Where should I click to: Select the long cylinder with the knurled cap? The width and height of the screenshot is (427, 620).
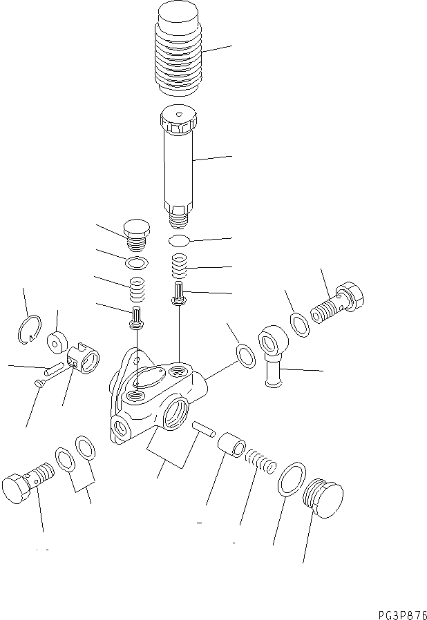179,162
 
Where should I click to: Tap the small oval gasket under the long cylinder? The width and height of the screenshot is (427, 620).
179,241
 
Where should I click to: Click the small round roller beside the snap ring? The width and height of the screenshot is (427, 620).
57,342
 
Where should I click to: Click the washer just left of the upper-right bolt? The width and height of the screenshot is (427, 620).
298,323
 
